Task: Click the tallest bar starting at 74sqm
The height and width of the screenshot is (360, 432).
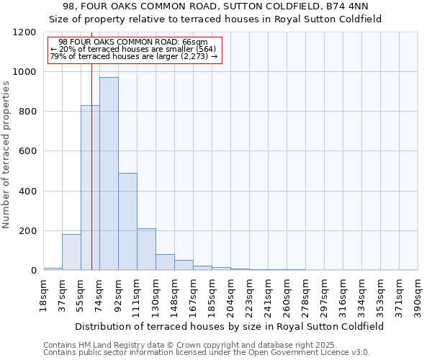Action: [109, 173]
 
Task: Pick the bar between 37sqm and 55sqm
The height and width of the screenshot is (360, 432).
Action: [71, 252]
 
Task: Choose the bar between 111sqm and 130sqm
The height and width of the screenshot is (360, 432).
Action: [146, 249]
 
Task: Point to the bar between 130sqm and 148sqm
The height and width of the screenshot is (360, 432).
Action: [165, 262]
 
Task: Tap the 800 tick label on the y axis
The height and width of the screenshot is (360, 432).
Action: [27, 112]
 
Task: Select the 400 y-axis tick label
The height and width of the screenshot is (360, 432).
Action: [27, 192]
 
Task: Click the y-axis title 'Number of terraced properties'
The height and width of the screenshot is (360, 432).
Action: [6, 155]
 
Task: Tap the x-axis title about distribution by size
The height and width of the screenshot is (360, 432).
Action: [230, 326]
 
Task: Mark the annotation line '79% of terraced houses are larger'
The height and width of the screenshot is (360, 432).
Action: [130, 56]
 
